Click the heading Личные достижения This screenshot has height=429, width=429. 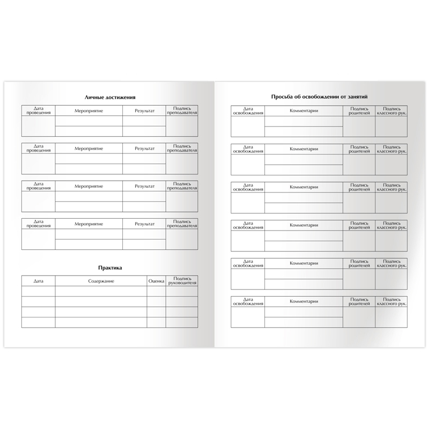[110, 98]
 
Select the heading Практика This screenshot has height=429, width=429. [110, 268]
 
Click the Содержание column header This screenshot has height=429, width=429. [101, 281]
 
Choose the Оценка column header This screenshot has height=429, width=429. [156, 281]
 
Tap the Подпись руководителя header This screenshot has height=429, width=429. [182, 281]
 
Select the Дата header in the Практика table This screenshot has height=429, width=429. [38, 281]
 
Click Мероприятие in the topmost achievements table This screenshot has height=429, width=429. [88, 110]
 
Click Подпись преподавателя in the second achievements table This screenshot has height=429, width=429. [182, 149]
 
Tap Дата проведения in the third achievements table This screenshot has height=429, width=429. [38, 186]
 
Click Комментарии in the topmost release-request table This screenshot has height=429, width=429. [304, 111]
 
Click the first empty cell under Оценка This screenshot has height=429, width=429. [156, 291]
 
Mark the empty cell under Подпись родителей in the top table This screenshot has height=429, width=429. [359, 127]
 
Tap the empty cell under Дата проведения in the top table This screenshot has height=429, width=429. [38, 126]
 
